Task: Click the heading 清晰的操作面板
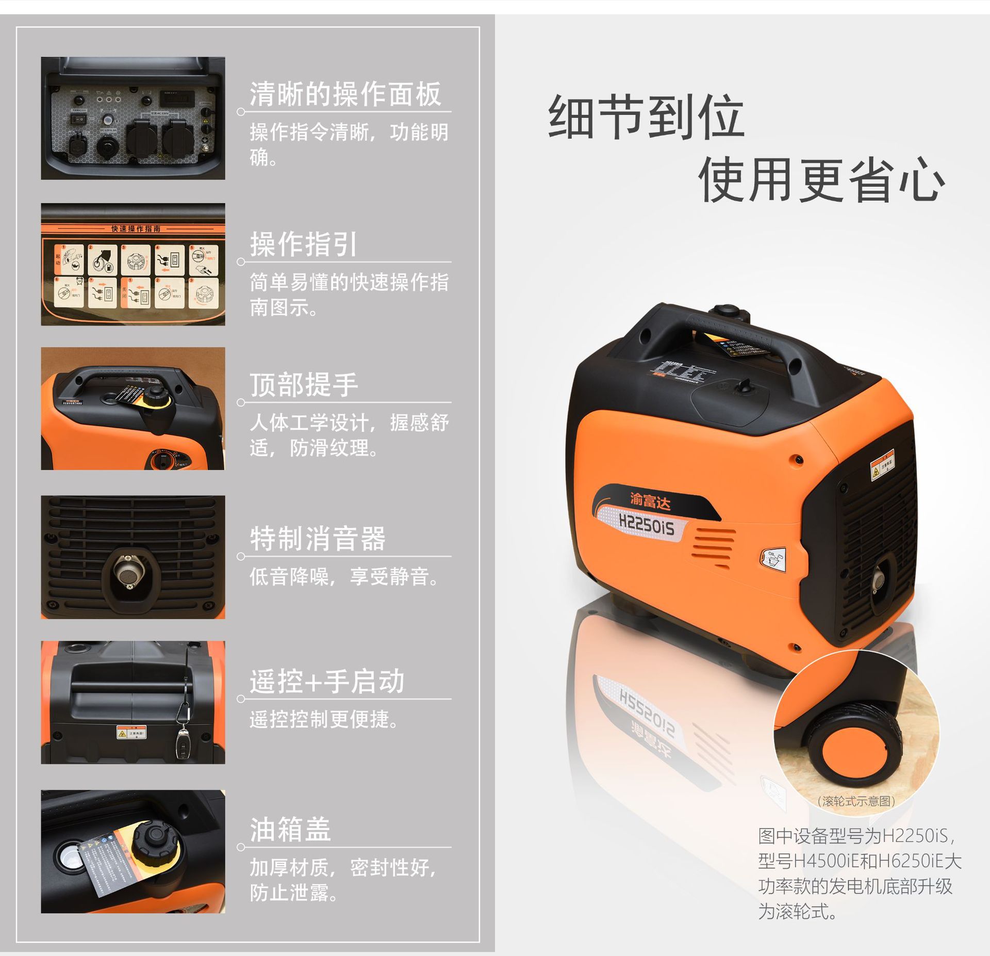point(345,94)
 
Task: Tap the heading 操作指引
point(303,244)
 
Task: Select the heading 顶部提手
point(304,385)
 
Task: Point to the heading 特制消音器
point(318,539)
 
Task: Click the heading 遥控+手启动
point(327,682)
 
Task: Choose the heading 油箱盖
point(290,830)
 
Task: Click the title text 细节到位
point(646,117)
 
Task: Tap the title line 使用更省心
point(821,180)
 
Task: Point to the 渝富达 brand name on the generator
point(650,500)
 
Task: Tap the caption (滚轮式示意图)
point(856,801)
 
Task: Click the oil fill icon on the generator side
point(774,559)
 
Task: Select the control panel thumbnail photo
point(133,118)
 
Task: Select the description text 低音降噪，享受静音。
point(344,577)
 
